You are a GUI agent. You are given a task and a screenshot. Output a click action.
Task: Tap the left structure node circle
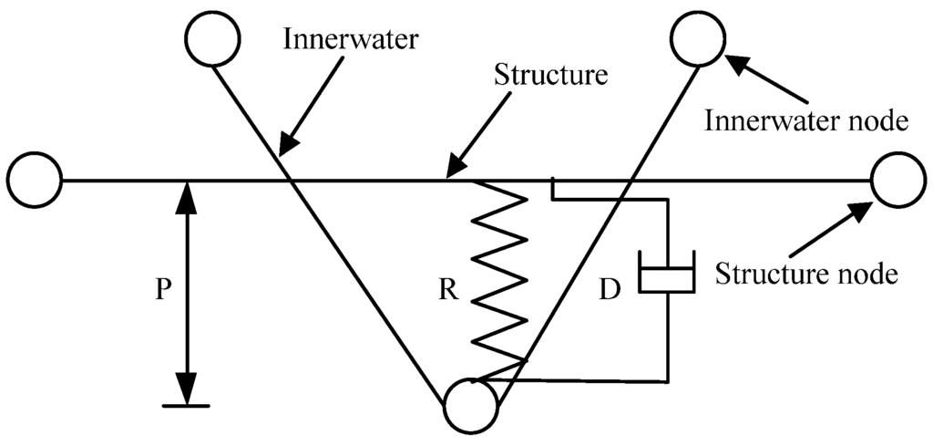pyautogui.click(x=35, y=181)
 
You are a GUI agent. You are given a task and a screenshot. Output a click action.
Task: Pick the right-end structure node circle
pyautogui.click(x=898, y=181)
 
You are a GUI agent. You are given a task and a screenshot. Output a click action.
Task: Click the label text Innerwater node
pyautogui.click(x=806, y=120)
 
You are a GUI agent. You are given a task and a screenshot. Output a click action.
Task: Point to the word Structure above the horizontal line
pyautogui.click(x=550, y=74)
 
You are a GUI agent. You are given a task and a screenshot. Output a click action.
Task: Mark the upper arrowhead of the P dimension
pyautogui.click(x=187, y=192)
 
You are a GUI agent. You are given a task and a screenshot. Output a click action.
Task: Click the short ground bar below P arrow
pyautogui.click(x=187, y=404)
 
